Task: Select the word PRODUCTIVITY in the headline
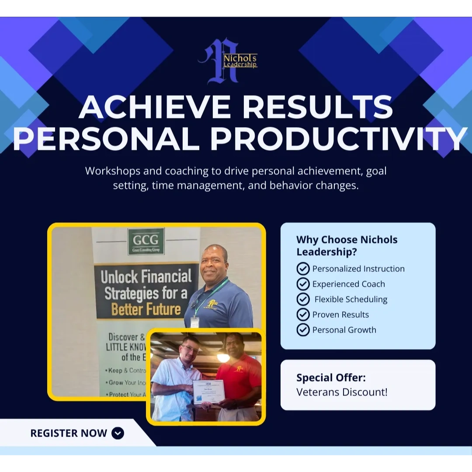(338, 139)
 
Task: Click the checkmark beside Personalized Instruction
(303, 269)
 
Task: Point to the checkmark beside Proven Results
(303, 315)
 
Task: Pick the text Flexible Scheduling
(351, 299)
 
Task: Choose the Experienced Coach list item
(348, 284)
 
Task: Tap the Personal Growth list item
(344, 330)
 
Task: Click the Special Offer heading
(331, 378)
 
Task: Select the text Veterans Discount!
(342, 392)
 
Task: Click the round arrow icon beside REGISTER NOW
(118, 433)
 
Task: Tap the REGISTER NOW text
(69, 433)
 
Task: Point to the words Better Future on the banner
(146, 309)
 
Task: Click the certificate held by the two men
(208, 392)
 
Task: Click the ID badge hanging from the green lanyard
(195, 322)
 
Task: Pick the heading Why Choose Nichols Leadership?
(347, 246)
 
